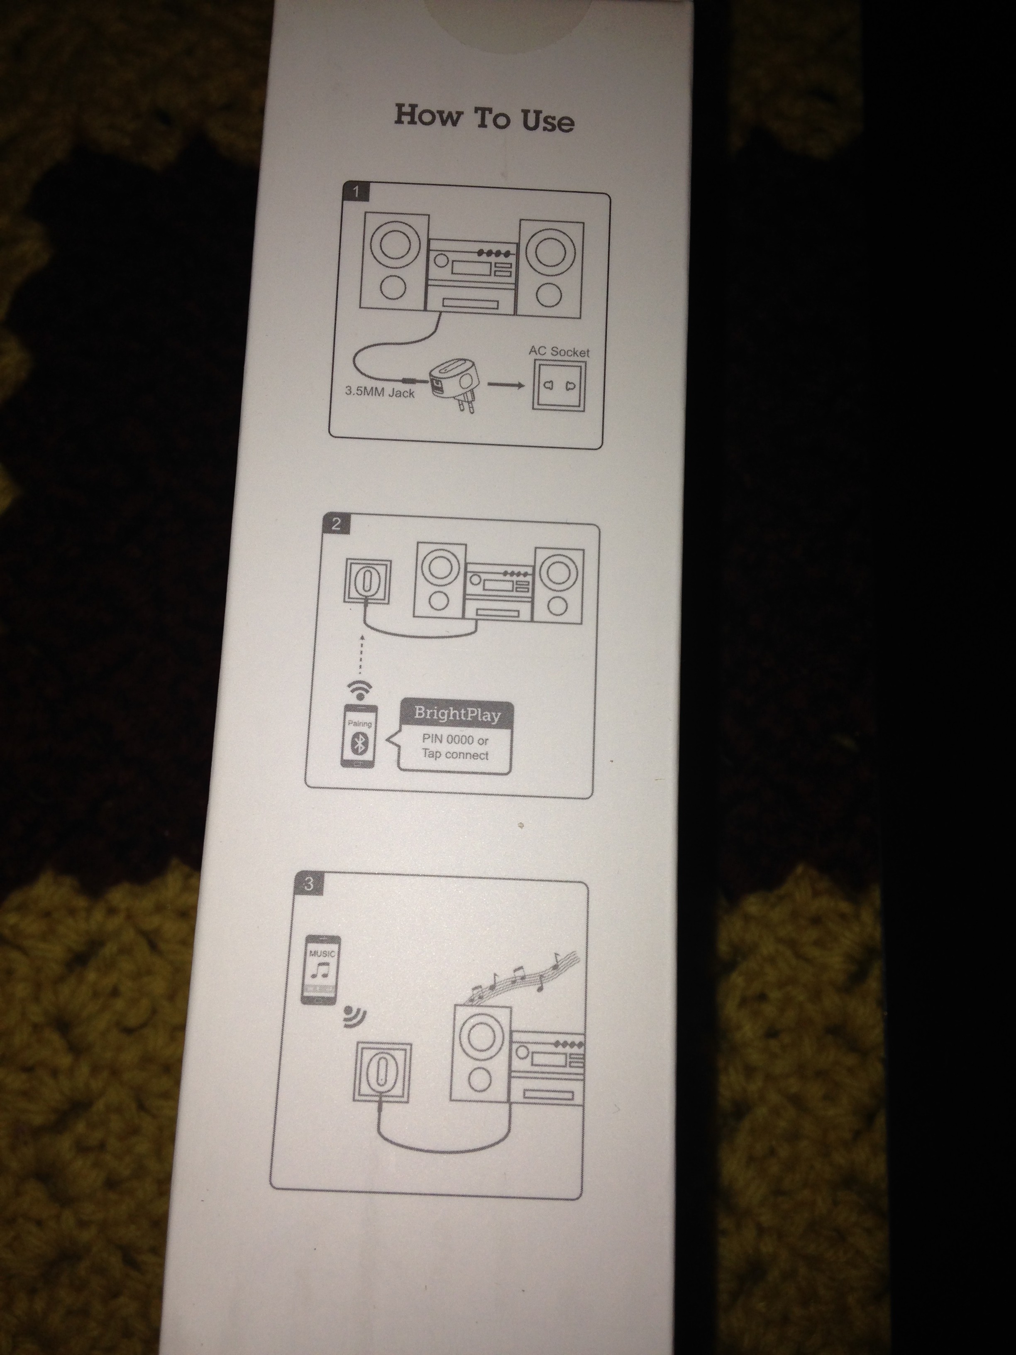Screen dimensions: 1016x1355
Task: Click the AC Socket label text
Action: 559,352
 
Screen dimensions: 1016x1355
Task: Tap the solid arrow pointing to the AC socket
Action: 505,385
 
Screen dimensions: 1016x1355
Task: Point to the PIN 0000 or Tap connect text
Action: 455,747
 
